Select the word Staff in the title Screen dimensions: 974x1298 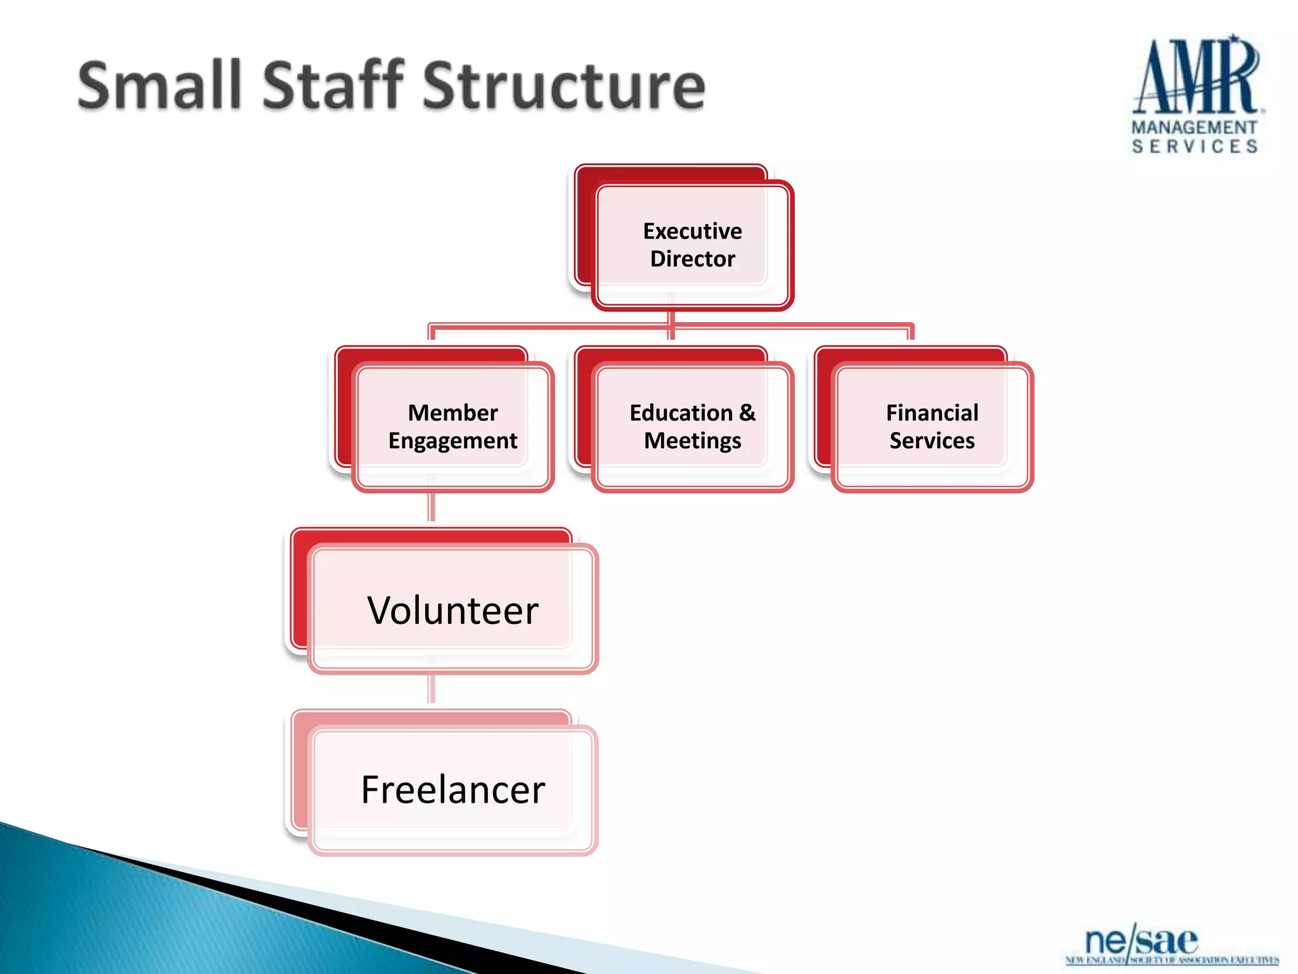333,86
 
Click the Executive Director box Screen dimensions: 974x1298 692,245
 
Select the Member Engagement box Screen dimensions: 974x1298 453,426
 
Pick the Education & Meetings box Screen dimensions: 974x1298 692,426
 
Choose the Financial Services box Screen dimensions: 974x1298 932,426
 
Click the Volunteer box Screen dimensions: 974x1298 453,609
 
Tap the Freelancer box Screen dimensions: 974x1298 453,789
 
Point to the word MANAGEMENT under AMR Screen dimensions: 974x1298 1194,127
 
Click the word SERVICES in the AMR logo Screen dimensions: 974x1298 1194,146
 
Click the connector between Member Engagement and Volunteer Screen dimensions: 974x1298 432,507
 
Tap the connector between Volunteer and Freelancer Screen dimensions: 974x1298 432,689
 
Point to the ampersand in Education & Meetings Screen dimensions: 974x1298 747,413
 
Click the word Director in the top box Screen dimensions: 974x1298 692,259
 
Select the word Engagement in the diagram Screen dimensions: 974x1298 453,441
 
